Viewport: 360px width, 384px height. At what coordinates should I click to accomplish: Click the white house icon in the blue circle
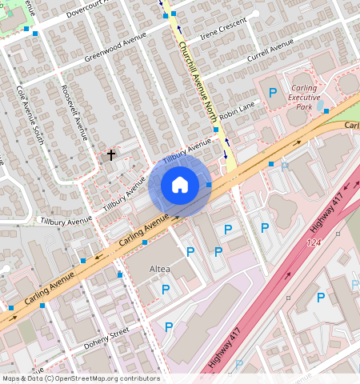click(x=180, y=185)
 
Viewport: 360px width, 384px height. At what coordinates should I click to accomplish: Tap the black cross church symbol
click(x=111, y=154)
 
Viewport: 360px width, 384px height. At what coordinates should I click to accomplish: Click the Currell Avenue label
click(x=270, y=54)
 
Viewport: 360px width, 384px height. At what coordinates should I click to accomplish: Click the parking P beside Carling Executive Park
click(x=272, y=94)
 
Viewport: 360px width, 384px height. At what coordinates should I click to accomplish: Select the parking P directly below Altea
click(x=166, y=289)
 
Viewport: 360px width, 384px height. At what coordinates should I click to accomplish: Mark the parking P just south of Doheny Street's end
click(x=168, y=326)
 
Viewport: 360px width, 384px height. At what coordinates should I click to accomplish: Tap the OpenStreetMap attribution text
click(x=81, y=378)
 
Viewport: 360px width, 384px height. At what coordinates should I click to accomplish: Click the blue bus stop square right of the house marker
click(x=209, y=185)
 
